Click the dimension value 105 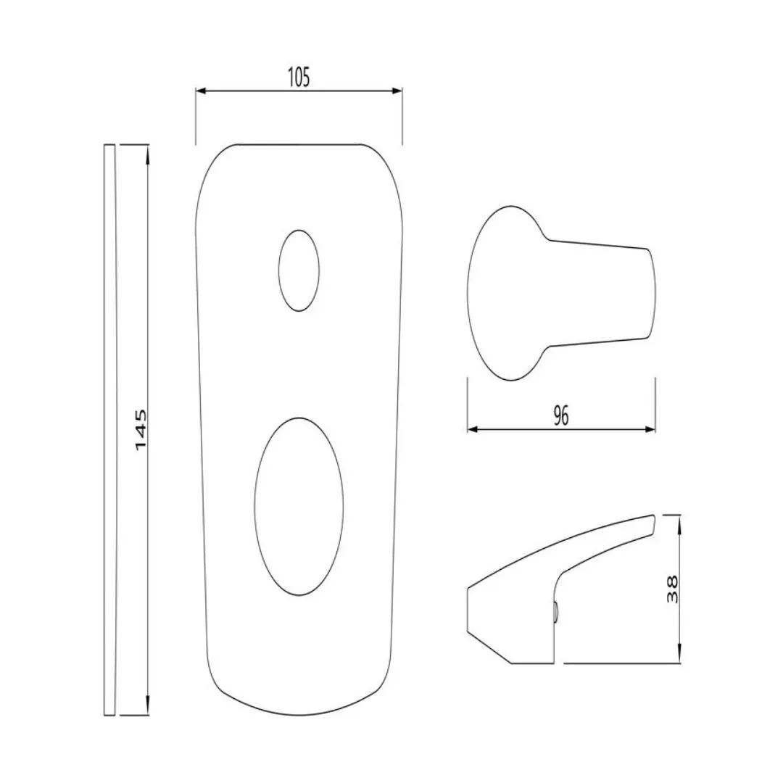pos(299,78)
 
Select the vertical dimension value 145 pos(141,430)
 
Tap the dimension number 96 pos(561,415)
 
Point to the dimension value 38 pos(673,589)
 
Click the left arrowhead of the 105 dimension pos(201,91)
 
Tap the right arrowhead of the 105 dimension pos(397,91)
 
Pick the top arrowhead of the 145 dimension pos(147,150)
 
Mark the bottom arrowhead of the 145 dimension pos(147,709)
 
